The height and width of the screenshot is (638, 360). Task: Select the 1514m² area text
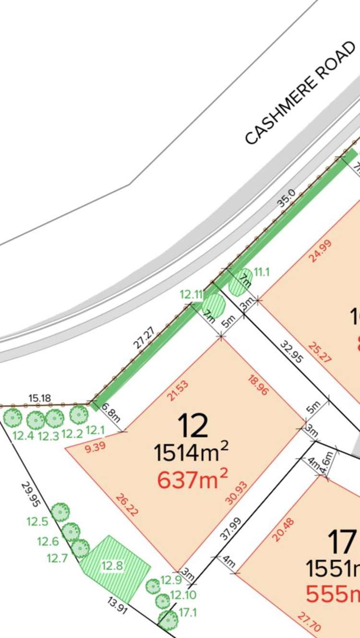[x=191, y=452]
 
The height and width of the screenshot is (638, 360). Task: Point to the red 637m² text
[x=192, y=479]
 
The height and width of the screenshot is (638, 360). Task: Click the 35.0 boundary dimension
[x=286, y=200]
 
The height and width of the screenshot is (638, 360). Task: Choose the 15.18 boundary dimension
[x=40, y=398]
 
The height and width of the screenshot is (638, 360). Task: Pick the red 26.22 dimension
[x=127, y=504]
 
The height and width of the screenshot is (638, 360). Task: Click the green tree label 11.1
[x=262, y=272]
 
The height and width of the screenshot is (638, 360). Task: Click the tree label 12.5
[x=37, y=522]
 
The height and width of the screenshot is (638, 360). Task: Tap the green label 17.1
[x=188, y=613]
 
